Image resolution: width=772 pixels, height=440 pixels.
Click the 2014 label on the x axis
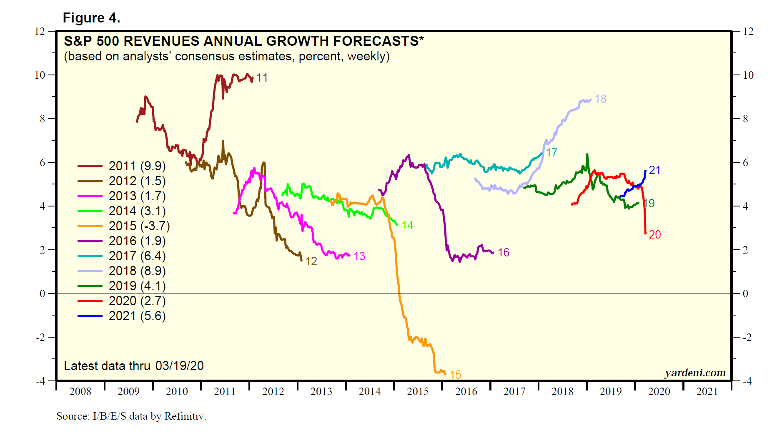pos(369,392)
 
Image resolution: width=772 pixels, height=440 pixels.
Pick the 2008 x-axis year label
pos(80,392)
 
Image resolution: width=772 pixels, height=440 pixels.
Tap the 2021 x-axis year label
pos(707,392)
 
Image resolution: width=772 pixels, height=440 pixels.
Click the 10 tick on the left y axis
pos(40,75)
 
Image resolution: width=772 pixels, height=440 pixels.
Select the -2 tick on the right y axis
pos(748,338)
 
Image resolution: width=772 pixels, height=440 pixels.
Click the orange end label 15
pos(455,375)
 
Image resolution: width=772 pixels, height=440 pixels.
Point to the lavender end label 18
pos(601,99)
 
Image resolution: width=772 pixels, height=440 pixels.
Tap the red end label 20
pos(655,235)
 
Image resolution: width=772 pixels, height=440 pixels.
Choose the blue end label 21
pos(654,170)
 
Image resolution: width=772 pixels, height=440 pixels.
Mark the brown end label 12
pos(311,261)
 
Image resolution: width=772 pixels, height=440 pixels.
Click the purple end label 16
pos(504,253)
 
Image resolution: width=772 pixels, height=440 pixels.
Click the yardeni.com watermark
pos(695,373)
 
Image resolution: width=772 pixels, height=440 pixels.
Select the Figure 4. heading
pos(91,18)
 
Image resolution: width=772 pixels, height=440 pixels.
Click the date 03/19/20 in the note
pos(180,366)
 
